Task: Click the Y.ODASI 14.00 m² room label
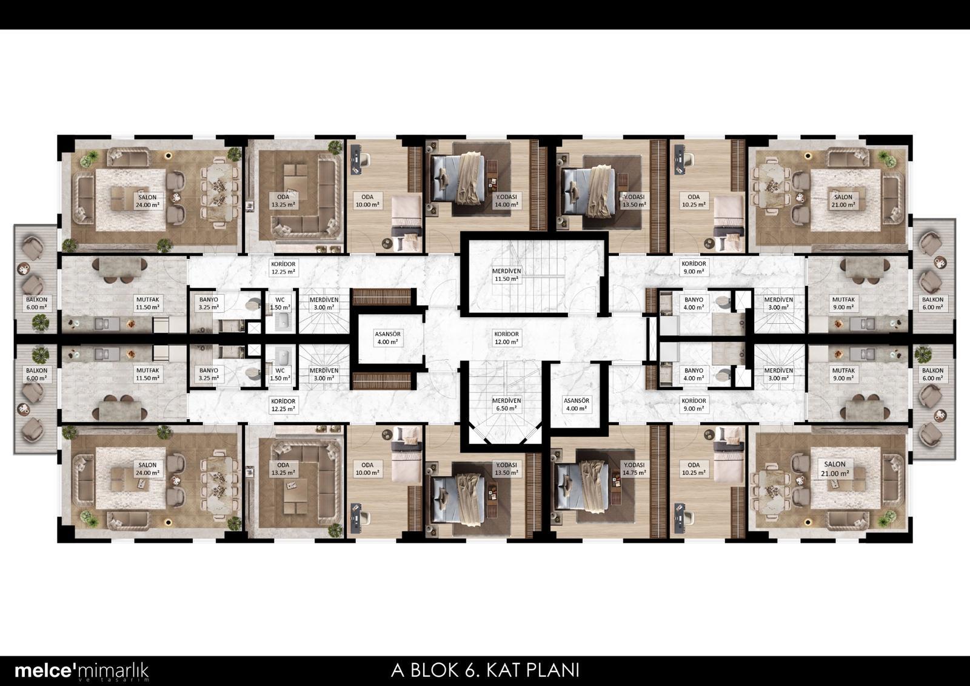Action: [506, 201]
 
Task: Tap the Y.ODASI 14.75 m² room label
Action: [634, 468]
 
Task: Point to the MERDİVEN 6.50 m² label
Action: [506, 405]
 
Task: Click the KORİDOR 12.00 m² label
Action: [506, 338]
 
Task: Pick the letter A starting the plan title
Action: [398, 670]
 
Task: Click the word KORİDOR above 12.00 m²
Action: [506, 334]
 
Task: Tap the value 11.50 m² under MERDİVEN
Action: [506, 279]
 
